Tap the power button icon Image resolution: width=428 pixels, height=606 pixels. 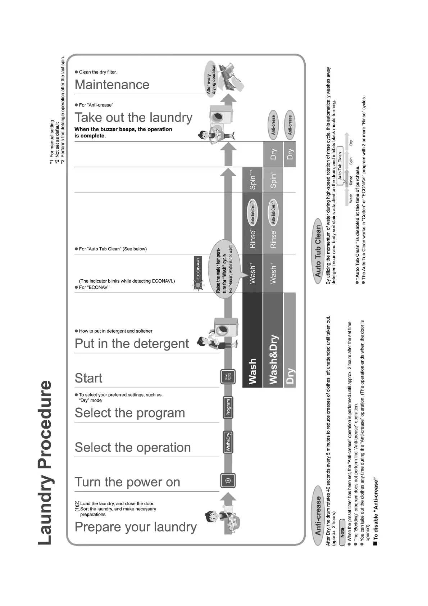[x=227, y=480]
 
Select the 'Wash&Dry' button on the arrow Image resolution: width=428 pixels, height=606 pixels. [x=228, y=442]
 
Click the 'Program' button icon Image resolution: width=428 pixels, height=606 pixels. [x=228, y=407]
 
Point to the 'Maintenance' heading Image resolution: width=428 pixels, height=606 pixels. [x=112, y=85]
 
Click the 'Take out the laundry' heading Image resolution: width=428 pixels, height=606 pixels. [x=133, y=118]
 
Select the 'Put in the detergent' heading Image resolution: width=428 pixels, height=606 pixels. [x=132, y=344]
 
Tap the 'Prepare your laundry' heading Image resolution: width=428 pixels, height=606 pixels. [x=136, y=527]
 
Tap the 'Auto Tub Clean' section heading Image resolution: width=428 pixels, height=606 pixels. [x=318, y=251]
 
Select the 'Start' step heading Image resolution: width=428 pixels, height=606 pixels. [x=88, y=378]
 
